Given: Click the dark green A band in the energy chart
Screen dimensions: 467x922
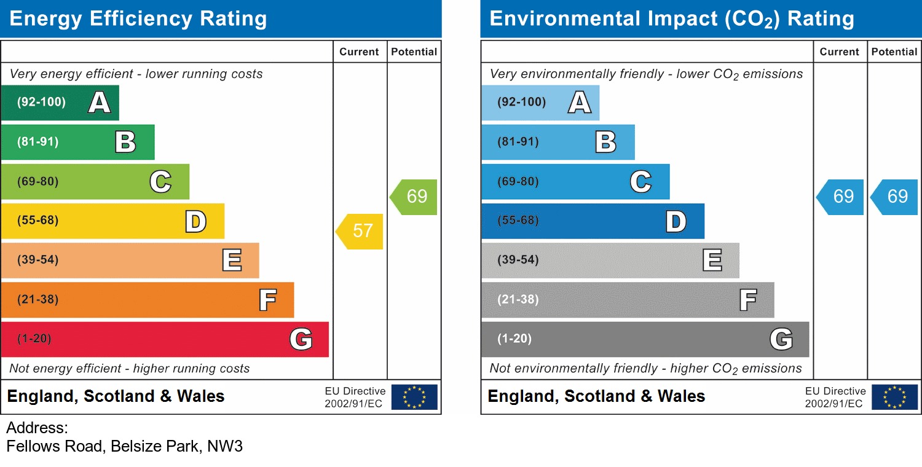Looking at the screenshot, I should coord(60,103).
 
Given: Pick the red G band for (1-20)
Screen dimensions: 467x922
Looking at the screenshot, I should coord(165,339).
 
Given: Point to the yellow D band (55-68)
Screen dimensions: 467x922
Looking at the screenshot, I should coord(112,221).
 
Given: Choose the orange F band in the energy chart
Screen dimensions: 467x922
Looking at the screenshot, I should coord(148,300).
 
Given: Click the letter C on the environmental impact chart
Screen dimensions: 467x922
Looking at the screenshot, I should coord(640,182).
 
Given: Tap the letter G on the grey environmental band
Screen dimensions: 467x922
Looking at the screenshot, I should coord(781,339).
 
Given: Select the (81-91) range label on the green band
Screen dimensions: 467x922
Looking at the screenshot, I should coord(38,142).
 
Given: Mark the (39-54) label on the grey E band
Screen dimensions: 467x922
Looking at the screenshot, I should coord(518,260).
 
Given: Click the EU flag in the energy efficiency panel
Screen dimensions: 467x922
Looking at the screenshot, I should coord(414,397).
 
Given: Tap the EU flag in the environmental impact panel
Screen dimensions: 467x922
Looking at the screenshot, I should coord(894,397).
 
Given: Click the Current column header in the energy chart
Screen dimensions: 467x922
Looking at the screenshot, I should coord(359,52).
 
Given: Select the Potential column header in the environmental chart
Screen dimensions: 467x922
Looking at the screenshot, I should coord(894,52).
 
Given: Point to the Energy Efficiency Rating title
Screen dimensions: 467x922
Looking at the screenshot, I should coord(138,19).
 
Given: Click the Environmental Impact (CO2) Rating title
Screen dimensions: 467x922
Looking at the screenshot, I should coord(671,19).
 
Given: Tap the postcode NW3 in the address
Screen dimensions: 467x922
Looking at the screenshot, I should coord(225,447).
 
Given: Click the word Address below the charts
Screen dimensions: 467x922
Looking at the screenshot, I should coord(37,428).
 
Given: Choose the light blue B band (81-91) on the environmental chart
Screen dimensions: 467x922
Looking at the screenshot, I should coord(558,142).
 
